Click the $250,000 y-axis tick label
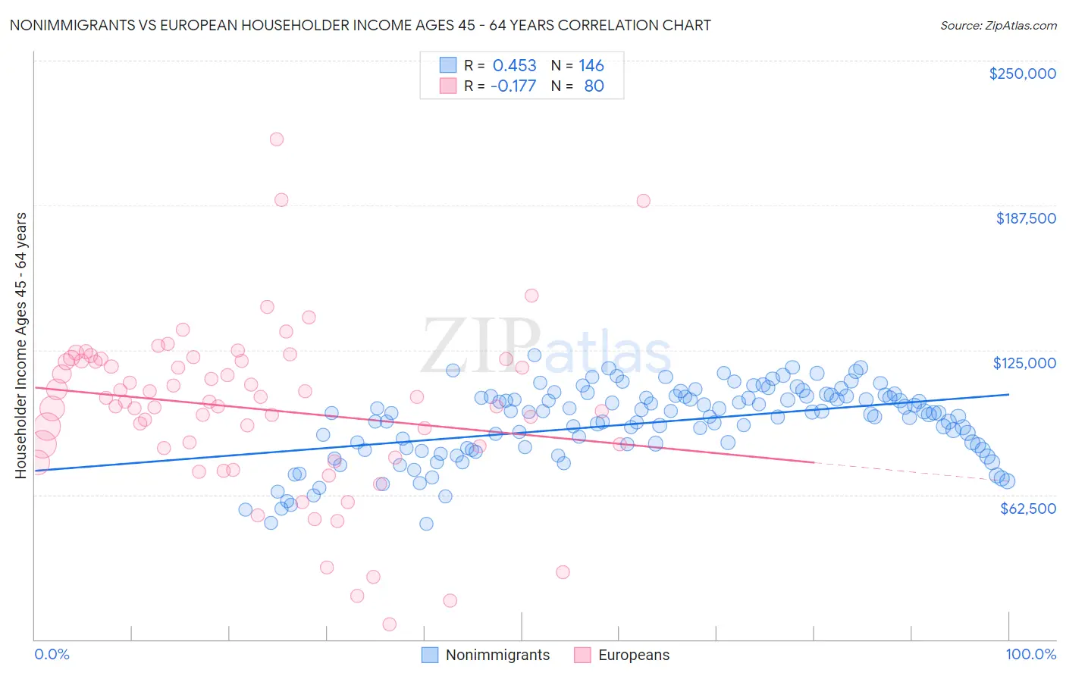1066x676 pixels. pyautogui.click(x=1022, y=74)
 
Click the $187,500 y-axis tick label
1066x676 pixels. pyautogui.click(x=1025, y=218)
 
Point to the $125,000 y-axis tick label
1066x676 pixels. pyautogui.click(x=1024, y=363)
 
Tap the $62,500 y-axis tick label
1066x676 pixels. pyautogui.click(x=1027, y=509)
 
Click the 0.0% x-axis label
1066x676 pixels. pyautogui.click(x=52, y=654)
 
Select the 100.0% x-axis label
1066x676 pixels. pyautogui.click(x=1030, y=654)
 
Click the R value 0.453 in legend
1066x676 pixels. pyautogui.click(x=514, y=65)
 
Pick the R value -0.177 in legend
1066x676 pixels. pyautogui.click(x=513, y=86)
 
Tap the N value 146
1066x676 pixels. pyautogui.click(x=591, y=65)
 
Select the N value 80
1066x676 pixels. pyautogui.click(x=594, y=86)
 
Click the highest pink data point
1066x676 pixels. pyautogui.click(x=277, y=139)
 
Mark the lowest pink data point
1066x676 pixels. pyautogui.click(x=390, y=624)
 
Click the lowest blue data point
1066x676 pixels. pyautogui.click(x=426, y=524)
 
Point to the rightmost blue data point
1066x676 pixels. pyautogui.click(x=1008, y=480)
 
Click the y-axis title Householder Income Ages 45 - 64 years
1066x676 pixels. pyautogui.click(x=20, y=346)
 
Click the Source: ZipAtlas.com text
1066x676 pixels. pyautogui.click(x=998, y=25)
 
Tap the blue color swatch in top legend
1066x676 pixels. pyautogui.click(x=448, y=65)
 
